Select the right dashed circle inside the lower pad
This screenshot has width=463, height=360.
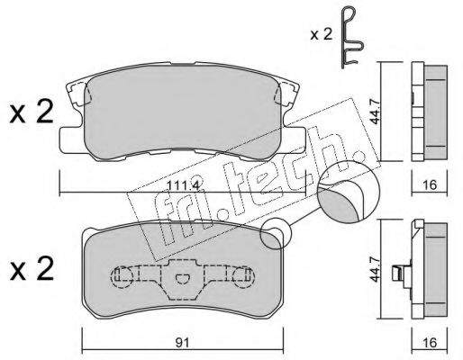tap(241, 277)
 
